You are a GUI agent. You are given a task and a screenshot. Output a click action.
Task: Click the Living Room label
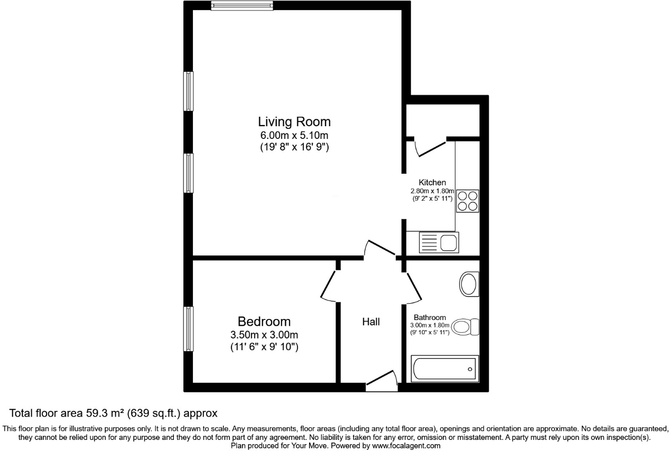[x=294, y=121]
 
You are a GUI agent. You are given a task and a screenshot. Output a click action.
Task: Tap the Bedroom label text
[x=264, y=321]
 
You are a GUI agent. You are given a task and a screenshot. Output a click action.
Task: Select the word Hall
[x=371, y=322]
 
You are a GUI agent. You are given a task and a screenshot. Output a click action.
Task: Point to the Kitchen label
[x=432, y=182]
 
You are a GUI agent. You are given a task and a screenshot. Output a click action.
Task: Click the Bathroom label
[x=430, y=317]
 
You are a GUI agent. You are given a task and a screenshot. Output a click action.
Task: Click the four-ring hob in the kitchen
[x=468, y=201]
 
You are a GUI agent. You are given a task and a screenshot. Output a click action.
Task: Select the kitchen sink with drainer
[x=439, y=242]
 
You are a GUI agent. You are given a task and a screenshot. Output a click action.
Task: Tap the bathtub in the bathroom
[x=444, y=368]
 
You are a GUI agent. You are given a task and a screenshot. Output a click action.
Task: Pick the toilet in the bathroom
[x=466, y=327]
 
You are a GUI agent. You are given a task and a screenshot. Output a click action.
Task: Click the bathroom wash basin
[x=468, y=284]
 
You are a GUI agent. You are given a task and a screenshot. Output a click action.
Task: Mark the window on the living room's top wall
[x=241, y=6]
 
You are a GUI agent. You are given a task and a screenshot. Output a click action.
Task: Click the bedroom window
[x=188, y=328]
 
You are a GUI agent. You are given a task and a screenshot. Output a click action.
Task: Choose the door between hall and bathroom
[x=413, y=288]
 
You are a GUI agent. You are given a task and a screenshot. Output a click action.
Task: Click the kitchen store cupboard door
[x=430, y=147]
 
